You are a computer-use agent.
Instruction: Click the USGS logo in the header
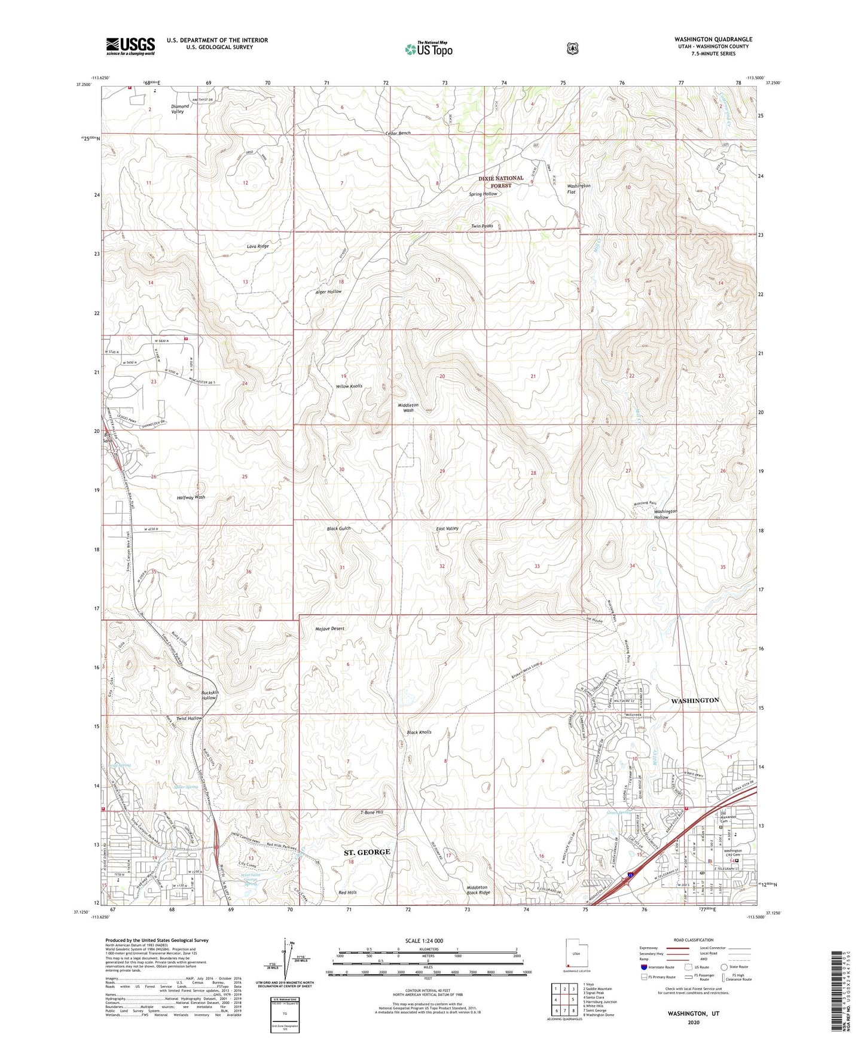(130, 46)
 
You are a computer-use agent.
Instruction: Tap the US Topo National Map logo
(428, 49)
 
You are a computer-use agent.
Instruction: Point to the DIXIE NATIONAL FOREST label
(500, 182)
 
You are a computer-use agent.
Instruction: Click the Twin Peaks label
(482, 226)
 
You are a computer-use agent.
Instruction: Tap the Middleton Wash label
(408, 408)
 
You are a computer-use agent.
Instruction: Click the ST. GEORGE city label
(367, 851)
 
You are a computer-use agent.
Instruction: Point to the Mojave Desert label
(329, 629)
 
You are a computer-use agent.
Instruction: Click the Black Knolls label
(419, 732)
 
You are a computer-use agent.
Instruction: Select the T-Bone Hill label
(371, 813)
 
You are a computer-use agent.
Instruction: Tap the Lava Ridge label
(258, 246)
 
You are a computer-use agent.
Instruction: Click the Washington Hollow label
(665, 514)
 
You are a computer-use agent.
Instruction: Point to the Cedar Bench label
(398, 133)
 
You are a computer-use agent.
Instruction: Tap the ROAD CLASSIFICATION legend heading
(695, 940)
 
